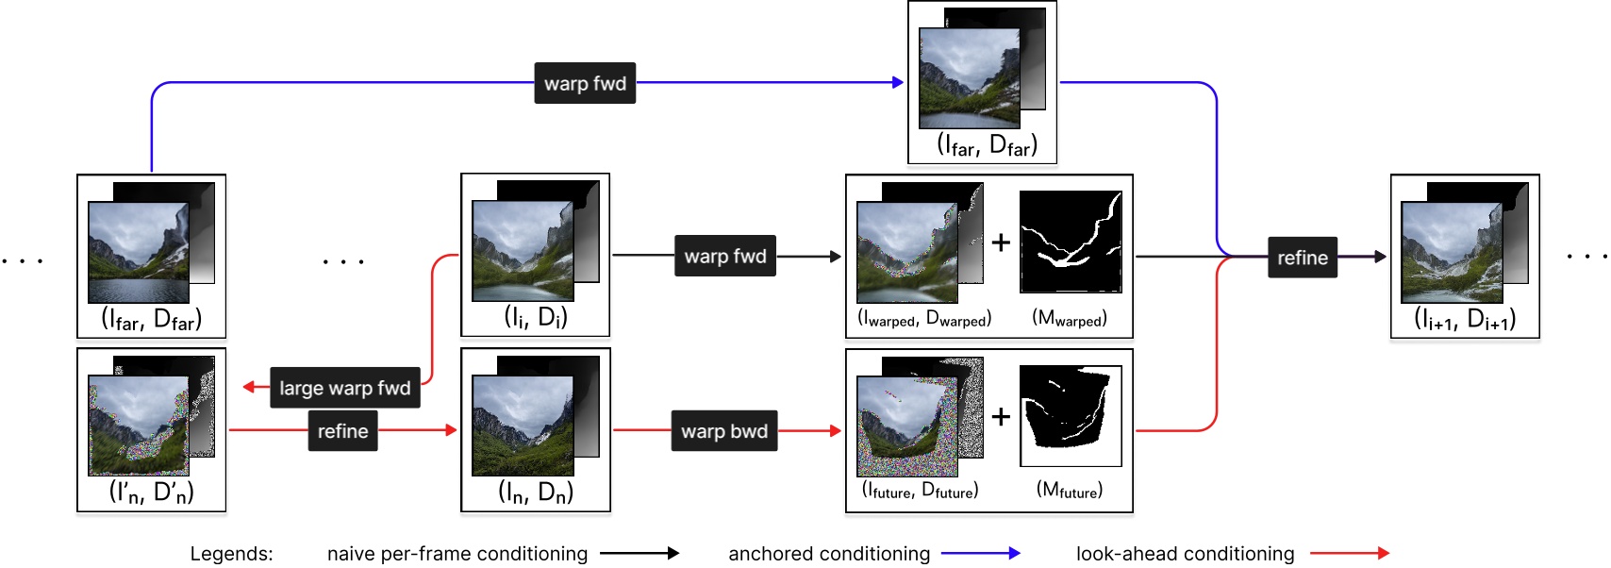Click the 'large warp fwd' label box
[345, 388]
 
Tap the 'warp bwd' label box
[724, 431]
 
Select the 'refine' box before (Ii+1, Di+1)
[1302, 258]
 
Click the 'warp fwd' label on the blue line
[585, 83]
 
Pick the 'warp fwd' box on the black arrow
[725, 256]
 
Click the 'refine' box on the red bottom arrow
[342, 431]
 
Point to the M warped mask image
[1071, 242]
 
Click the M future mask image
[1071, 416]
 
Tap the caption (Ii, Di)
[535, 318]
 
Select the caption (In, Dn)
[535, 493]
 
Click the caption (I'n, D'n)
[151, 493]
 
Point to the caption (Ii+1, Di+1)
[1465, 319]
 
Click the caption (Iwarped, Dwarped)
[924, 320]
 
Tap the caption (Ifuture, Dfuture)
[921, 491]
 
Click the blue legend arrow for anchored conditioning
[981, 554]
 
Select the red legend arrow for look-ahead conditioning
[1350, 554]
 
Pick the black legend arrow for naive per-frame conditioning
[639, 554]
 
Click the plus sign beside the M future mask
[1001, 416]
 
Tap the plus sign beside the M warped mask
[1001, 242]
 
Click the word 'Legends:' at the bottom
[231, 554]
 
